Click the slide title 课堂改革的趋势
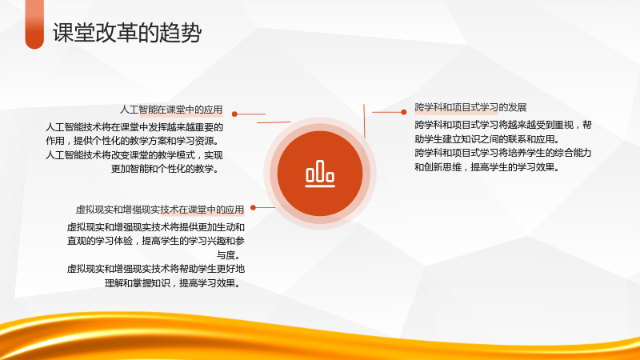127,33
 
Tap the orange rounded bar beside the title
34,25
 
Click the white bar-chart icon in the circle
320,174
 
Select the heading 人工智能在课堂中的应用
171,110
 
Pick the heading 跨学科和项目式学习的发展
470,107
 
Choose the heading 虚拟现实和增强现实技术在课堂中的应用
160,210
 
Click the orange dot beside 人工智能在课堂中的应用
234,114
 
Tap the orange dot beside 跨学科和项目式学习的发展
404,112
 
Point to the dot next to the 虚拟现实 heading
253,208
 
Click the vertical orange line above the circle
364,121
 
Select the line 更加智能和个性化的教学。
165,169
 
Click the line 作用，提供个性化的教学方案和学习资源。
133,141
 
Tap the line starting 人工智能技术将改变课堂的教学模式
134,155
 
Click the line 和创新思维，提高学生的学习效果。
487,167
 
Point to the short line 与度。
229,255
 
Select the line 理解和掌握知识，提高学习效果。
172,283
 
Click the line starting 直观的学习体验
156,241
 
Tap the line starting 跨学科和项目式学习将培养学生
503,153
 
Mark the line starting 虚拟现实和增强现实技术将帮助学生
156,269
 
